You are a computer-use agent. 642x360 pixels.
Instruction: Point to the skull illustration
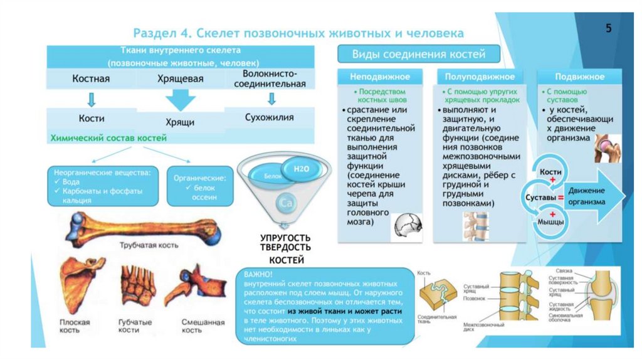pyautogui.click(x=408, y=226)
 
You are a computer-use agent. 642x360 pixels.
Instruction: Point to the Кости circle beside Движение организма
pyautogui.click(x=550, y=171)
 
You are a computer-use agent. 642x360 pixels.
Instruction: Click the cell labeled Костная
pyautogui.click(x=92, y=79)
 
